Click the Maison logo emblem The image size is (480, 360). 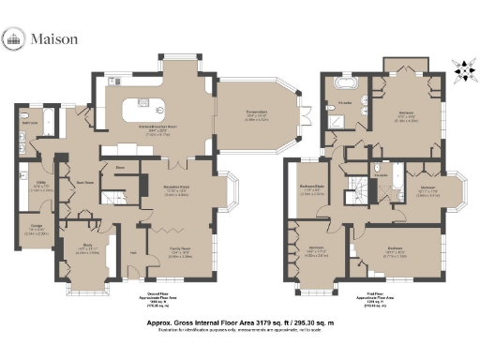[x=15, y=39]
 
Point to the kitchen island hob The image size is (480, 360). [x=144, y=103]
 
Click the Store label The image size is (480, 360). [x=120, y=170]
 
